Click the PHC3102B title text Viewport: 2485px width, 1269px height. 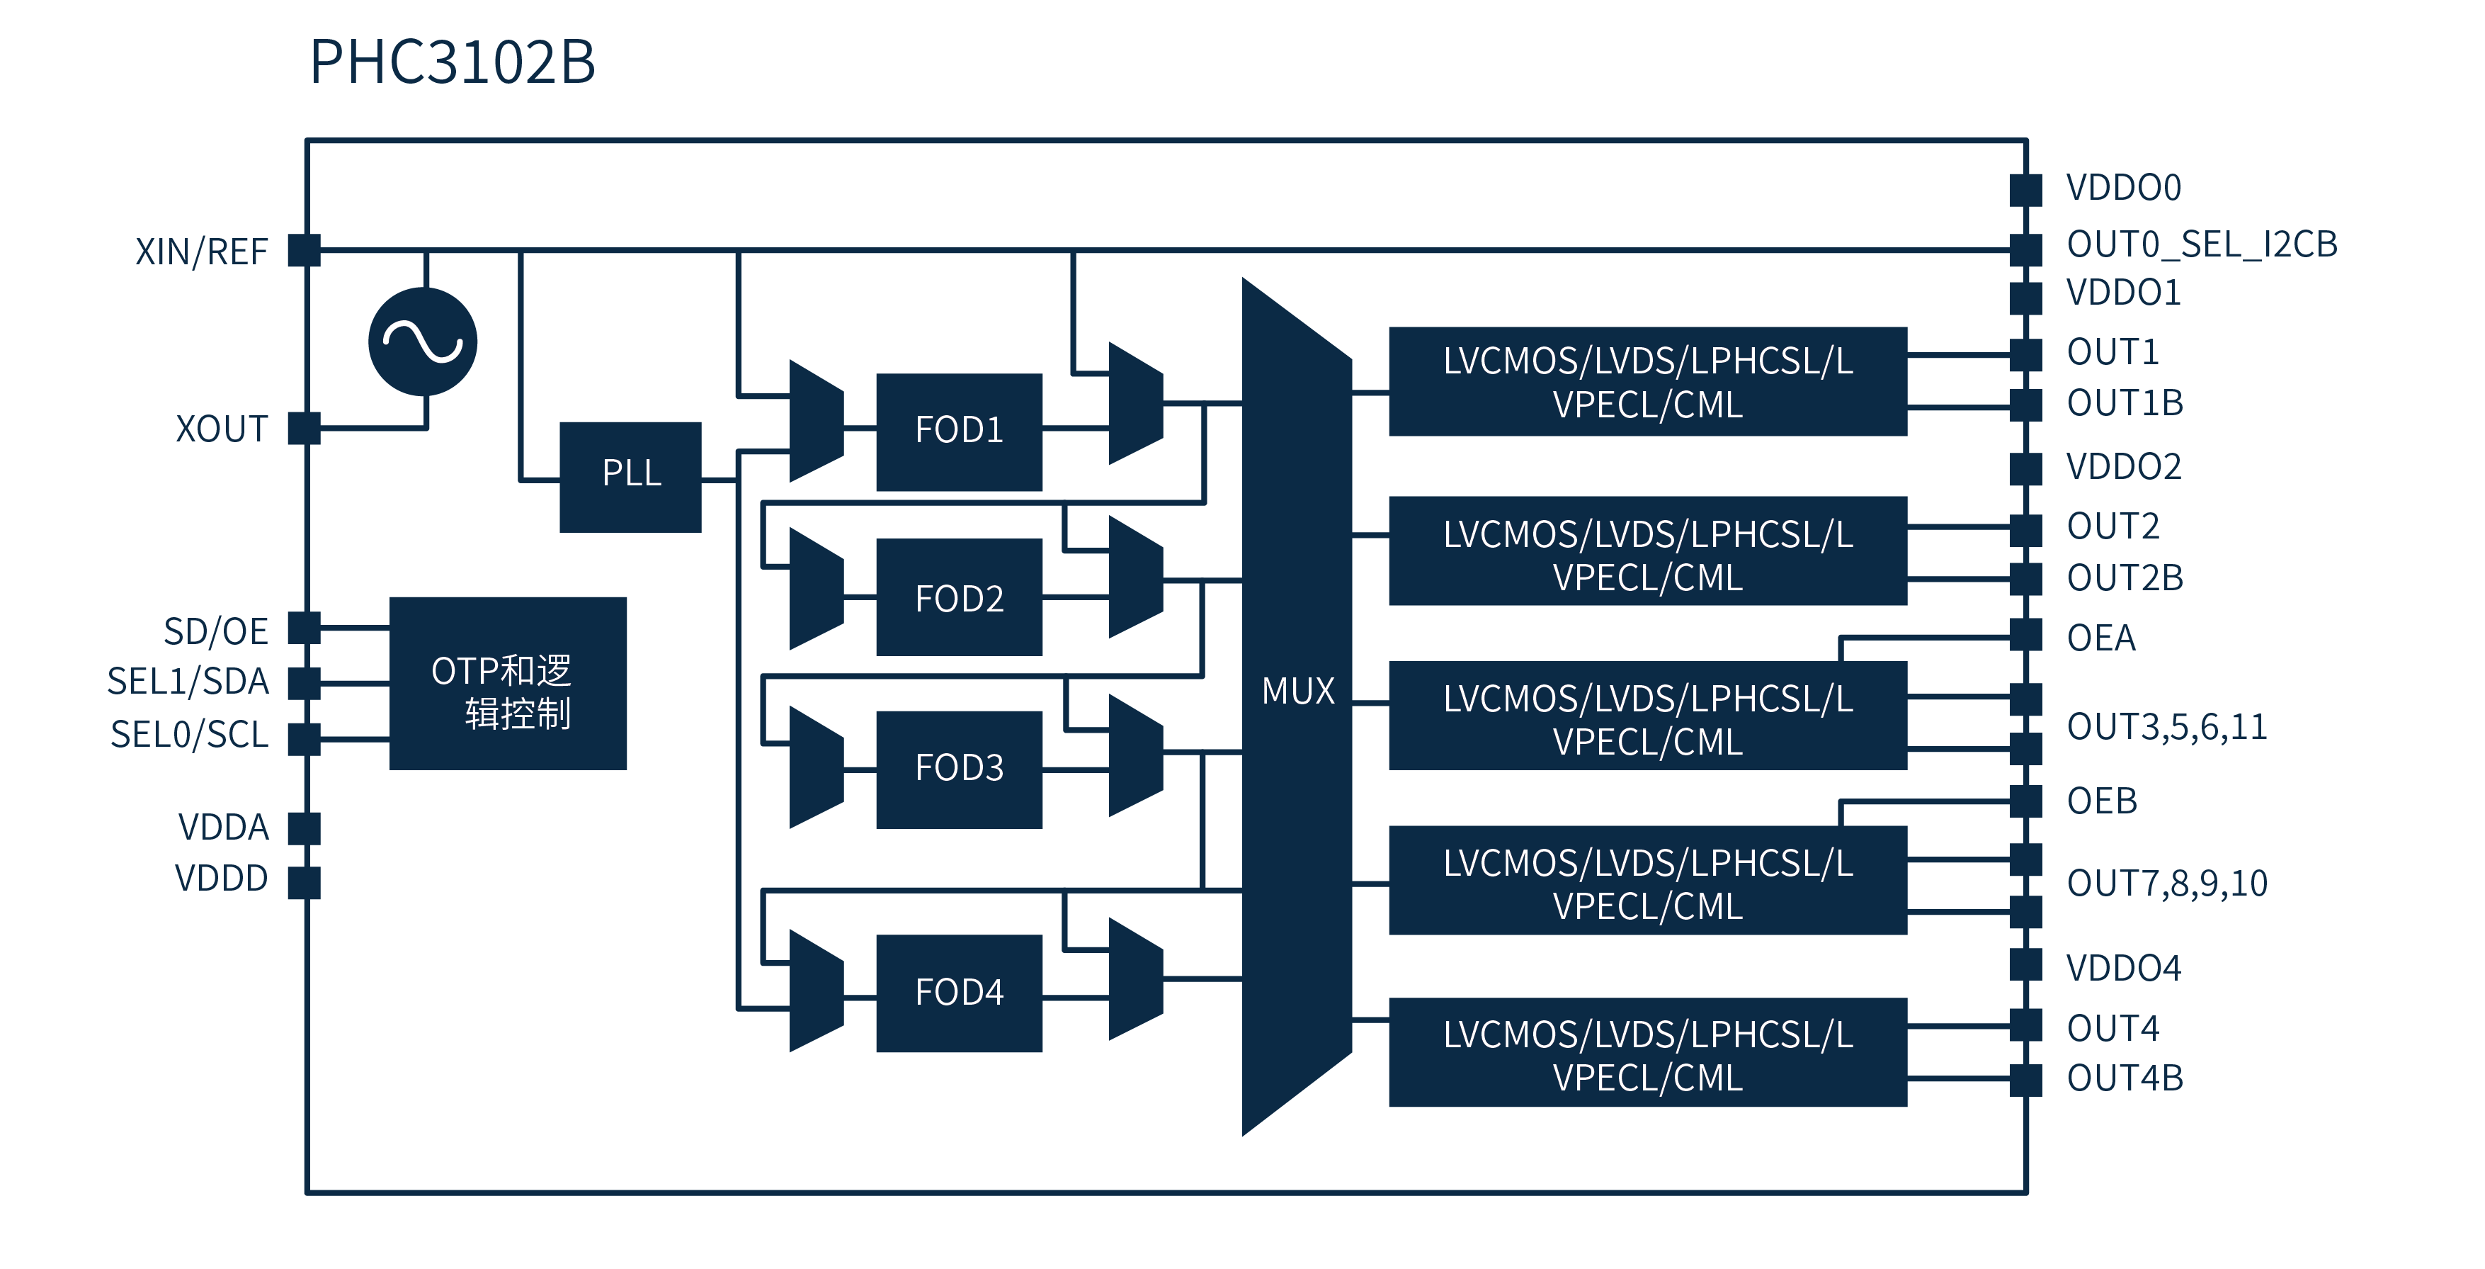pos(452,63)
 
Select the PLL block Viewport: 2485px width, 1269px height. pos(630,475)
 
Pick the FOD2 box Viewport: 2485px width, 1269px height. pos(958,598)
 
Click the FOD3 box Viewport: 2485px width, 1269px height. pos(958,768)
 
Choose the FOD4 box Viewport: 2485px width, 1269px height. pos(958,992)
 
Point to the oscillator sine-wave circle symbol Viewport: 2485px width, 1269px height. pos(423,342)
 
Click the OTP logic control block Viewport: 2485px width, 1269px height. pos(508,683)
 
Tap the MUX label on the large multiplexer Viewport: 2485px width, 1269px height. pos(1297,691)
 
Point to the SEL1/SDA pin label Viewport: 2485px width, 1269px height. pos(188,682)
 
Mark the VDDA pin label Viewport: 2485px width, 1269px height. pos(223,827)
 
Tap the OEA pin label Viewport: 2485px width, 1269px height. pos(2100,638)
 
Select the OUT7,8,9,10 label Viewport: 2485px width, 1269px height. pos(2166,883)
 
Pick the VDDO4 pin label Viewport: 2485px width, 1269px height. pos(2122,968)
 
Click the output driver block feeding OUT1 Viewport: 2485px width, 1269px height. pos(1647,382)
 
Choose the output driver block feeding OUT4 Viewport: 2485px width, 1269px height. pos(1647,1053)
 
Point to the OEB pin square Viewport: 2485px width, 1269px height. pos(2026,801)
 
